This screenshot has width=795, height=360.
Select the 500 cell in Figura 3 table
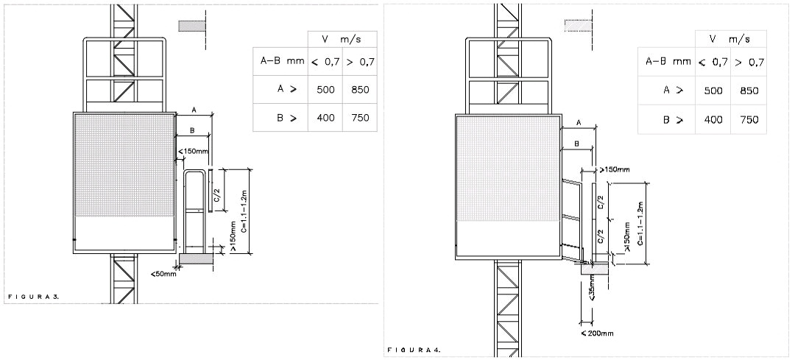(x=325, y=90)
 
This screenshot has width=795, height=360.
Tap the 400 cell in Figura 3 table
(x=325, y=118)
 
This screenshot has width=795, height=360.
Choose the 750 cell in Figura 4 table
(x=749, y=120)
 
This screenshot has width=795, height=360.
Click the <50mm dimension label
(x=163, y=275)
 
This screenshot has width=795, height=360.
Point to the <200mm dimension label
(x=597, y=333)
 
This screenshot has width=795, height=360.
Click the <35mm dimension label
(x=592, y=292)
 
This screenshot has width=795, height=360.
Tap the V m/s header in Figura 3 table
(x=342, y=40)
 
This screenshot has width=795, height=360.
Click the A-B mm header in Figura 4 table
(x=668, y=62)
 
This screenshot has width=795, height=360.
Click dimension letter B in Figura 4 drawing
(x=577, y=144)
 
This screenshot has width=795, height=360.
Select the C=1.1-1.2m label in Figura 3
(x=244, y=211)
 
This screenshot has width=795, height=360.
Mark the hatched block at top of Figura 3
(x=191, y=27)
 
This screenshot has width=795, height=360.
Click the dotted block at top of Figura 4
(x=579, y=26)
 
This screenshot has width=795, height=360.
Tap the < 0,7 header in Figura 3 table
(x=325, y=62)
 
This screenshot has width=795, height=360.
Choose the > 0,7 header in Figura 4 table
(x=749, y=63)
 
